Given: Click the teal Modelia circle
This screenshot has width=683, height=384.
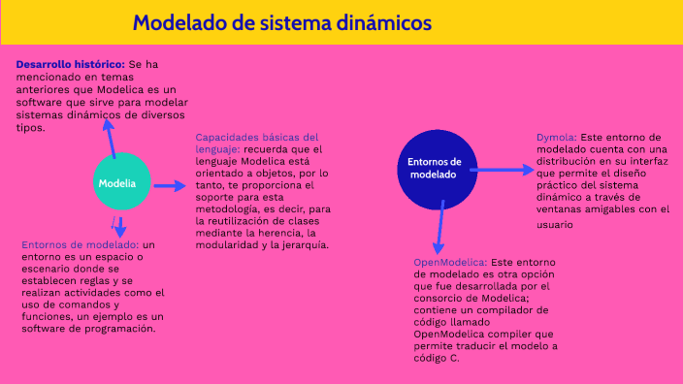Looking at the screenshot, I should pos(116,182).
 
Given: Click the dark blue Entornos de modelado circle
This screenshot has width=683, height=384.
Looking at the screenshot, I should pos(435,168).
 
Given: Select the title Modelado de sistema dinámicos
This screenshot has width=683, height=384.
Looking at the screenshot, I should pos(282,22).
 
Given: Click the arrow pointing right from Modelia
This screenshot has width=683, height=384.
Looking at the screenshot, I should pos(169,185).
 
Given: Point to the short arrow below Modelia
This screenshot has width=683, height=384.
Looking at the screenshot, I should pos(117,229).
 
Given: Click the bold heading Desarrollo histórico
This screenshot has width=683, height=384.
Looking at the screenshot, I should pos(70,63).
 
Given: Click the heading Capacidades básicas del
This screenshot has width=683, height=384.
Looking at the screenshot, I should pos(256,138).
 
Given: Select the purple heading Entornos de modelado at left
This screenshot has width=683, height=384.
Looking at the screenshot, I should pos(81,245).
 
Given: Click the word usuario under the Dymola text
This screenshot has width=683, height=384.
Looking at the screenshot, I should pos(553,224).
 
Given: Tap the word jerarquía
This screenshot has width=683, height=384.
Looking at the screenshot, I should pos(305,245).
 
